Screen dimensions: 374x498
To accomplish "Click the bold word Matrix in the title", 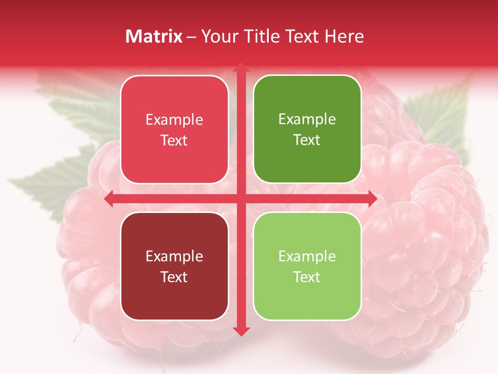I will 154,36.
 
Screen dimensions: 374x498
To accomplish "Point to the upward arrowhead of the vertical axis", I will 241,68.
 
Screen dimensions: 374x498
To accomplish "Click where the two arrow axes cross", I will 241,198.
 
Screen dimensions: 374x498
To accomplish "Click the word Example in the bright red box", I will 174,120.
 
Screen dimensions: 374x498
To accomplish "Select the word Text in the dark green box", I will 307,140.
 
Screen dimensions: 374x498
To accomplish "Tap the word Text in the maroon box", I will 174,277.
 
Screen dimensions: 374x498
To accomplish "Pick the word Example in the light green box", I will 307,256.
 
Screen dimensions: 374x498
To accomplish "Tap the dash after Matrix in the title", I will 191,37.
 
